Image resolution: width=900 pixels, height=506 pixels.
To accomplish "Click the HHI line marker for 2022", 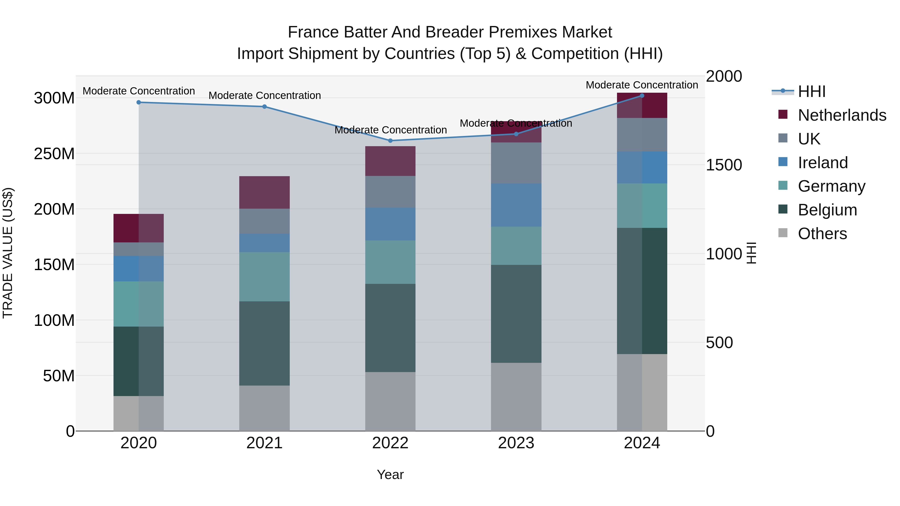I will point(390,141).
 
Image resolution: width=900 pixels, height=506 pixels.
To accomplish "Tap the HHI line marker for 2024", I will point(642,96).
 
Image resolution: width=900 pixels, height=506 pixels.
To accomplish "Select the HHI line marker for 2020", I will point(139,102).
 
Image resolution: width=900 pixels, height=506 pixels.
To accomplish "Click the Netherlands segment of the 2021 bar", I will point(264,192).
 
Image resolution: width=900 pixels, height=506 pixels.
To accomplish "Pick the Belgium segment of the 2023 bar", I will point(516,314).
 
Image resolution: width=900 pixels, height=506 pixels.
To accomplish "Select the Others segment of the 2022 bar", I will point(390,401).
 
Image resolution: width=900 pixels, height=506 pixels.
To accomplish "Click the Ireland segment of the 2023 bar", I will point(516,205).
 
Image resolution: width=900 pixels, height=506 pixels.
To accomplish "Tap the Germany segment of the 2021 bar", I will point(264,277).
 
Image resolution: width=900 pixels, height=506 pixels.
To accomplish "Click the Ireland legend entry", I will point(822,163).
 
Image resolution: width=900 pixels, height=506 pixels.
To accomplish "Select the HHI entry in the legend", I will point(811,91).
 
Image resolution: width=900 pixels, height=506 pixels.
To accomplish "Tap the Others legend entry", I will point(822,234).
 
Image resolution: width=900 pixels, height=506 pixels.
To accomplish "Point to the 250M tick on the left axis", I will point(54,154).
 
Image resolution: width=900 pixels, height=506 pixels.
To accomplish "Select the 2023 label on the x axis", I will point(516,443).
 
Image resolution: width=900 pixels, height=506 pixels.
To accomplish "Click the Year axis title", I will point(390,475).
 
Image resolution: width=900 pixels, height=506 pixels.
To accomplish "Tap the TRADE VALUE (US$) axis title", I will point(8,253).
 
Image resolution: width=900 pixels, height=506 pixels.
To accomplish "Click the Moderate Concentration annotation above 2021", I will point(264,95).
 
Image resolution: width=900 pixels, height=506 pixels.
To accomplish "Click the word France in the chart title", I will point(313,32).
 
